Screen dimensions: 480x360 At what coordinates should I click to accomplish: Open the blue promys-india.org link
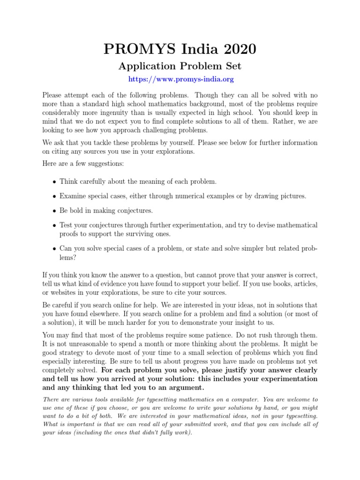pos(181,80)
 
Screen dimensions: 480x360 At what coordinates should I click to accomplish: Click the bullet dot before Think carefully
pos(55,182)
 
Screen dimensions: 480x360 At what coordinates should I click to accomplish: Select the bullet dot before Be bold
pos(55,211)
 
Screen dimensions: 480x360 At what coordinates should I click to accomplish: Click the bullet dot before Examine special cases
pos(55,196)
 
